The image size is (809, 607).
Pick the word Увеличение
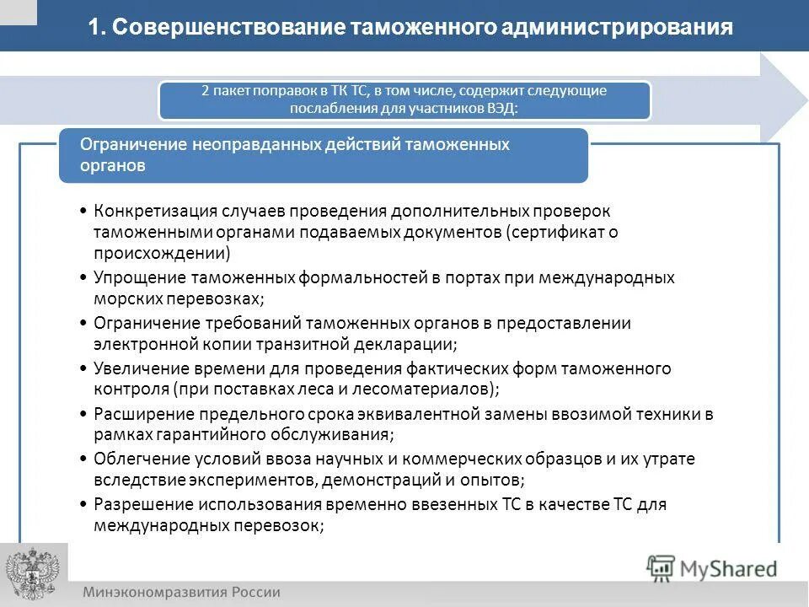(x=138, y=368)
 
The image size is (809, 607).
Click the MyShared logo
(x=712, y=567)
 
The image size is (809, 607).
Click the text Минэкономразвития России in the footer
(x=181, y=592)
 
